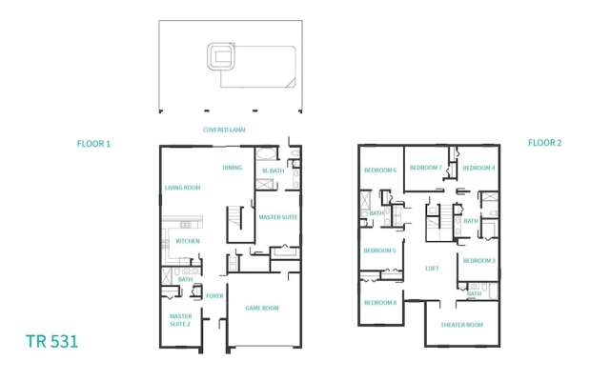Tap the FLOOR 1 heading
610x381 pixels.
pyautogui.click(x=94, y=144)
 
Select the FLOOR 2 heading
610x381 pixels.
pyautogui.click(x=545, y=143)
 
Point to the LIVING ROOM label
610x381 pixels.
pyautogui.click(x=181, y=188)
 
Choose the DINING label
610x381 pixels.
pyautogui.click(x=232, y=168)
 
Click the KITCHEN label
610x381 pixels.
pyautogui.click(x=187, y=241)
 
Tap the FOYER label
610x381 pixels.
pyautogui.click(x=214, y=296)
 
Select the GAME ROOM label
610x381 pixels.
pyautogui.click(x=262, y=308)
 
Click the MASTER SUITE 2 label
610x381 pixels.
pyautogui.click(x=180, y=320)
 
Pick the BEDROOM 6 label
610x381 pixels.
pyautogui.click(x=379, y=170)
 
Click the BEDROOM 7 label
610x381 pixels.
pyautogui.click(x=425, y=167)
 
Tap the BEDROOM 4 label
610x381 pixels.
pyautogui.click(x=479, y=168)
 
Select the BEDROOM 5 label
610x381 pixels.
pyautogui.click(x=379, y=251)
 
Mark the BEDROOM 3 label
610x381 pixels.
pyautogui.click(x=478, y=260)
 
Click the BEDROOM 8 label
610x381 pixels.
pyautogui.click(x=379, y=302)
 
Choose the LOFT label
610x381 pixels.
pyautogui.click(x=432, y=269)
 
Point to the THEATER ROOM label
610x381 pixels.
pyautogui.click(x=461, y=325)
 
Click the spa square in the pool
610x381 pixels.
pyautogui.click(x=223, y=56)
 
